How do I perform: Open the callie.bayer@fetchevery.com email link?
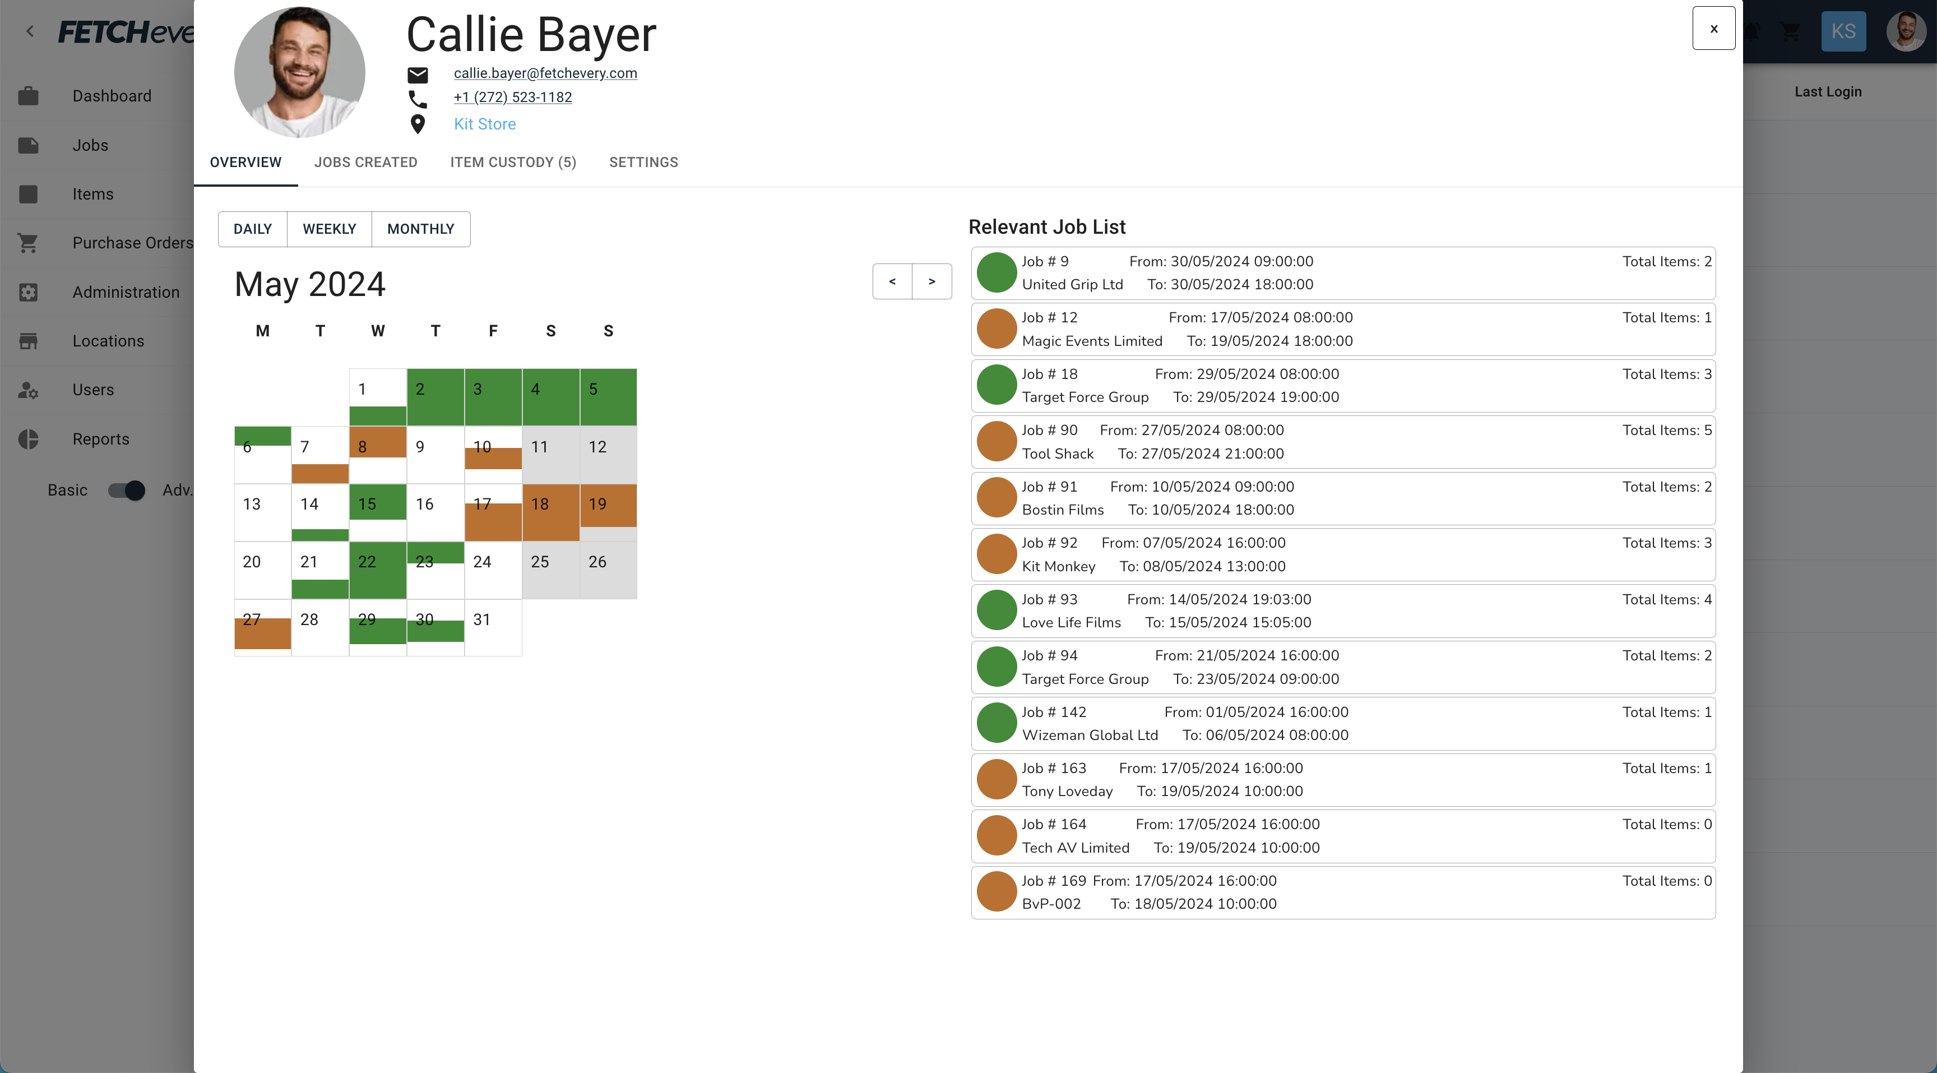pos(545,73)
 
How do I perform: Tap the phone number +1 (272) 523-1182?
pos(512,97)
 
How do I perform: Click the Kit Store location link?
pos(484,124)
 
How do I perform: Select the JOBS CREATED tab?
pos(365,163)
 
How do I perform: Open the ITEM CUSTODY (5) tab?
pos(513,163)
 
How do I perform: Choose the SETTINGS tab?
pos(643,163)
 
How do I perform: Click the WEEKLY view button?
pos(330,229)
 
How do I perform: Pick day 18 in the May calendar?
pos(550,512)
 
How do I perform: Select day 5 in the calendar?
pos(608,396)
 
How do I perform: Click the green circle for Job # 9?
pos(997,272)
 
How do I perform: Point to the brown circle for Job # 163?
pos(997,779)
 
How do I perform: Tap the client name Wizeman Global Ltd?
pos(1090,734)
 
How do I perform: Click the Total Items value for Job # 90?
pos(1666,430)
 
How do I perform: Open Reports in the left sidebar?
pos(101,439)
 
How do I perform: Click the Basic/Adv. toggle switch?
pos(126,491)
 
